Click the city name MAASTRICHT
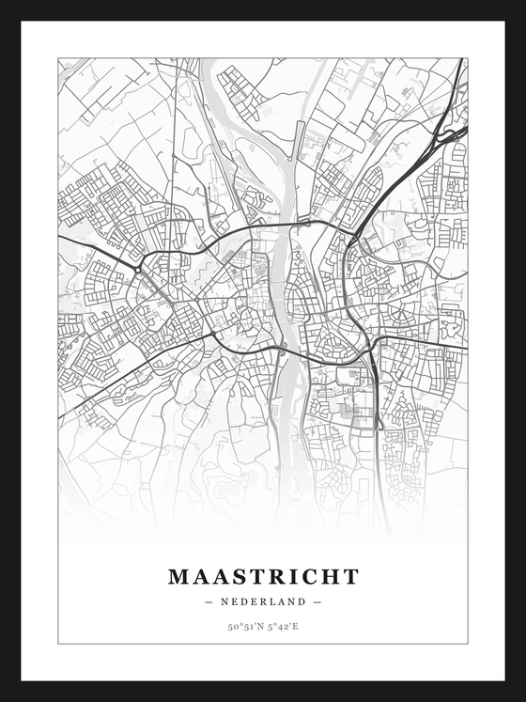(263, 576)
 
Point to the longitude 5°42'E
(283, 626)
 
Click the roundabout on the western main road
(137, 270)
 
